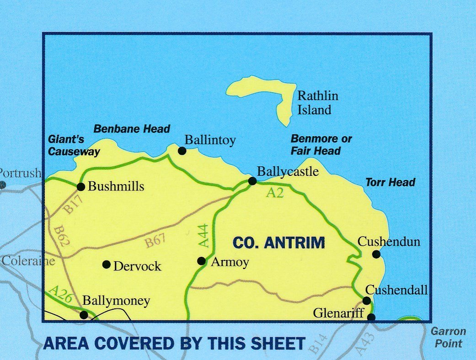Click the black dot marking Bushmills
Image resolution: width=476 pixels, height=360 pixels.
(81, 186)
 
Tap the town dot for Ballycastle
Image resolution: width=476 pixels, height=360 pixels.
(252, 181)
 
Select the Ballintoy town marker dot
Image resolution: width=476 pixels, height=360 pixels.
(182, 151)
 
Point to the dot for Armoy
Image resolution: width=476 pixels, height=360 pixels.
(201, 261)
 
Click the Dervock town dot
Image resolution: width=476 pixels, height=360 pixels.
(106, 265)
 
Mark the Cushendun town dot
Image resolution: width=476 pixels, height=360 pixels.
(376, 254)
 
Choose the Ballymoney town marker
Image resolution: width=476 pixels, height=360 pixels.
(84, 315)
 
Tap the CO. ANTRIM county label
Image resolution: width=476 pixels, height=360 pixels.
(278, 243)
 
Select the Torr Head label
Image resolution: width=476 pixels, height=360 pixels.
(390, 183)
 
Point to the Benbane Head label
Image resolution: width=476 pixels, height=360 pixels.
(132, 129)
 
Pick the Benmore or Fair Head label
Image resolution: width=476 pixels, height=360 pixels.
(321, 144)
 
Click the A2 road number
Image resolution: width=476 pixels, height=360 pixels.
(275, 193)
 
